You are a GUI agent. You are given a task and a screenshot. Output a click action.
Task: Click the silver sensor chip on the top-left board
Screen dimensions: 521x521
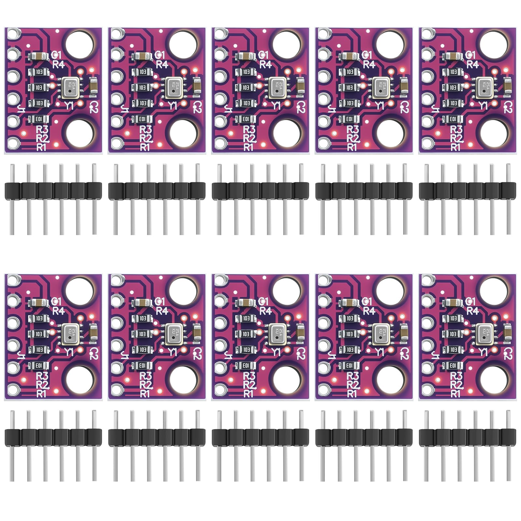click(71, 88)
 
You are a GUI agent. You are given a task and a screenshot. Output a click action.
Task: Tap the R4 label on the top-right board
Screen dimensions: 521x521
click(473, 64)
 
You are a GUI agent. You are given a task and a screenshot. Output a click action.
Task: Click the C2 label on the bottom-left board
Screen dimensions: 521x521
click(94, 353)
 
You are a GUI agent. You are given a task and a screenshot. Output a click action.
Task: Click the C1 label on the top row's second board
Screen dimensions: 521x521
click(160, 55)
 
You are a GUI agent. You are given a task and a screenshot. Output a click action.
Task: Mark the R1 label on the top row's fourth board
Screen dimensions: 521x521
click(352, 147)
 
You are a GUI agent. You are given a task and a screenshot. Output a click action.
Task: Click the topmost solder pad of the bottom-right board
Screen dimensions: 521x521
click(427, 280)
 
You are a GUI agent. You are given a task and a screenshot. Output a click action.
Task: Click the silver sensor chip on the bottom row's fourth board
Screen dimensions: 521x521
click(381, 334)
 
